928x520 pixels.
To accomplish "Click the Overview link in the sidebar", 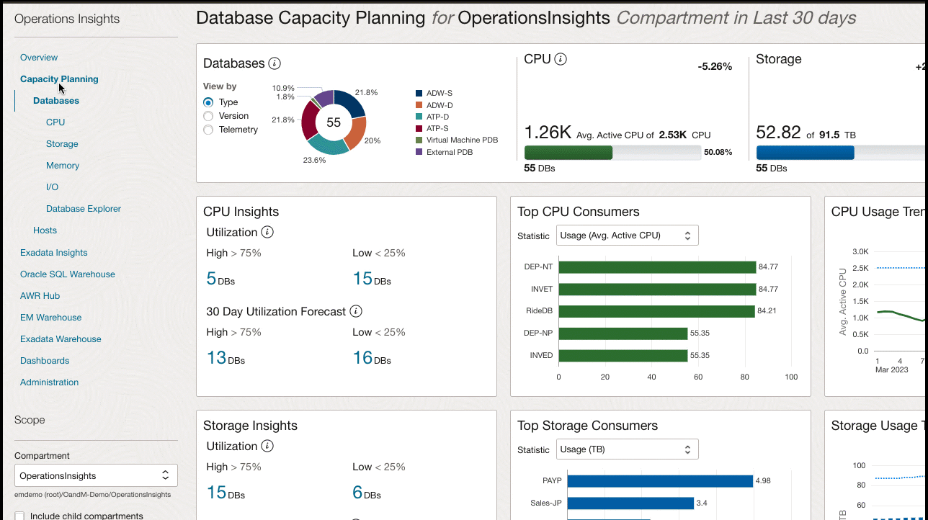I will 39,58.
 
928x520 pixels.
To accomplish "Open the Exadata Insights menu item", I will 54,253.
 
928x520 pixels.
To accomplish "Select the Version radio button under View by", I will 208,116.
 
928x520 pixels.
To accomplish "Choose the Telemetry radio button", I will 208,130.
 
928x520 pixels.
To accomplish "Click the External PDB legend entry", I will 449,152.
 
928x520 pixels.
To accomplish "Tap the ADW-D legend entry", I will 439,105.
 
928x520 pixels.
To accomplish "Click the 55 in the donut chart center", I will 334,122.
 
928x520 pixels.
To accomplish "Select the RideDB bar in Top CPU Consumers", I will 656,311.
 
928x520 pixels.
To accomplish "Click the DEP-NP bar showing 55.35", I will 623,333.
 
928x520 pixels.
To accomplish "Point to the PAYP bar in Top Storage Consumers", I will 659,480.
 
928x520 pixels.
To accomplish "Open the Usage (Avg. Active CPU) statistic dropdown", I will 627,236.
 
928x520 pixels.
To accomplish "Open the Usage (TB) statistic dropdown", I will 627,449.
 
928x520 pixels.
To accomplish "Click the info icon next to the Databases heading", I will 275,63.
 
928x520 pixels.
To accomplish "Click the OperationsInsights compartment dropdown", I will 96,475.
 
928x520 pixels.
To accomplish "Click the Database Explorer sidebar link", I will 84,209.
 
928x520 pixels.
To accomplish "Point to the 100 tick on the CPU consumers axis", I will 791,377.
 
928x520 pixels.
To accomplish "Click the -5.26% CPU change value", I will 715,67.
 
